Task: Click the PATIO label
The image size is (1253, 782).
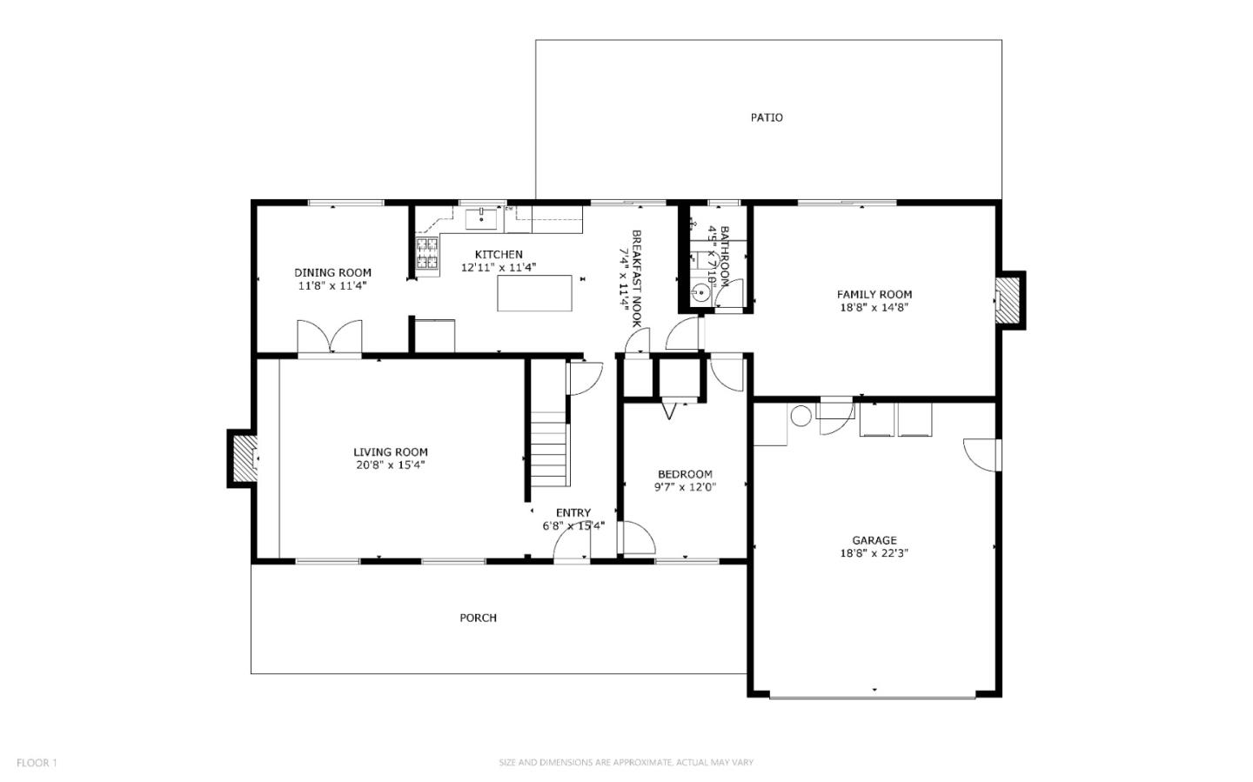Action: click(767, 117)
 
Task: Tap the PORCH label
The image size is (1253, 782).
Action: click(478, 618)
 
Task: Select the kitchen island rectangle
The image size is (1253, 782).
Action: click(535, 293)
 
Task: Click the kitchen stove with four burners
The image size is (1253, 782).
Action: click(426, 253)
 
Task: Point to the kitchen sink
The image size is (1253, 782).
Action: click(480, 218)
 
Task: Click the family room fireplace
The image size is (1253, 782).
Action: click(1008, 300)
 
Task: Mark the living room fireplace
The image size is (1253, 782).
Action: click(242, 458)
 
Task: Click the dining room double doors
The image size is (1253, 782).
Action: click(329, 337)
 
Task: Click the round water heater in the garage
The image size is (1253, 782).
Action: click(801, 416)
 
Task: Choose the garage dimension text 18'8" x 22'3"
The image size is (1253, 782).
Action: click(874, 553)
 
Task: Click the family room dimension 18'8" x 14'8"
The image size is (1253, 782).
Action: click(874, 307)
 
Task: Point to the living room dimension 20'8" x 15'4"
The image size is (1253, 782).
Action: click(390, 465)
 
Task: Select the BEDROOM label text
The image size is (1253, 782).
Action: click(685, 474)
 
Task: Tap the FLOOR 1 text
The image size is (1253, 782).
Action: click(37, 763)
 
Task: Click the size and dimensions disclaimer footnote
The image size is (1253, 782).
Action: click(626, 763)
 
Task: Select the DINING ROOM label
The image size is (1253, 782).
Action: click(332, 272)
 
